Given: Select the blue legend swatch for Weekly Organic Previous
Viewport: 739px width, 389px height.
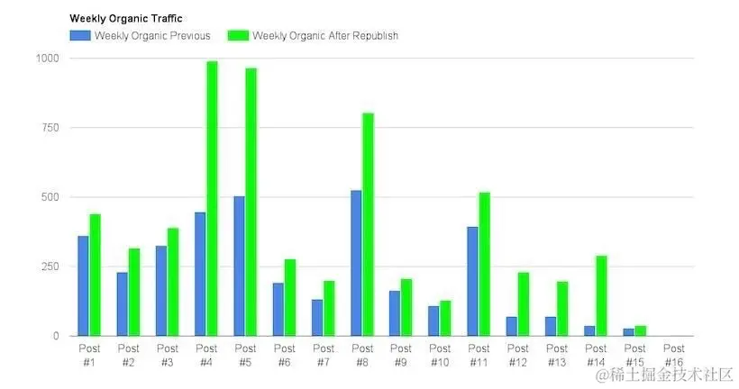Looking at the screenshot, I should pyautogui.click(x=80, y=35).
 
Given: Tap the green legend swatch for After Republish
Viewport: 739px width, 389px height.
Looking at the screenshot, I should pyautogui.click(x=238, y=35).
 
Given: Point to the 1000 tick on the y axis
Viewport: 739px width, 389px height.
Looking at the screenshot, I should pyautogui.click(x=47, y=59).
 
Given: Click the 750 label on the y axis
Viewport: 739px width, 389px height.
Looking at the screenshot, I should pyautogui.click(x=50, y=128).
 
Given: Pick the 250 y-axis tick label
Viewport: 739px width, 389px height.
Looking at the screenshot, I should pyautogui.click(x=50, y=267).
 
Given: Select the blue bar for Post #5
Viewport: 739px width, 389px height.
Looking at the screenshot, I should pyautogui.click(x=239, y=266).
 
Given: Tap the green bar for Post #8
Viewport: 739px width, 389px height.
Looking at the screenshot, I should pyautogui.click(x=368, y=224).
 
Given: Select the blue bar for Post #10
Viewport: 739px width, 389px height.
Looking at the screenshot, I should pyautogui.click(x=433, y=321).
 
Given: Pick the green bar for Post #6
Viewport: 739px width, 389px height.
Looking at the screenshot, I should pyautogui.click(x=289, y=297).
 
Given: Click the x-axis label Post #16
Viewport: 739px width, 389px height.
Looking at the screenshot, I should pyautogui.click(x=673, y=354).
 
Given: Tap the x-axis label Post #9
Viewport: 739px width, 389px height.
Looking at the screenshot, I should pyautogui.click(x=401, y=354).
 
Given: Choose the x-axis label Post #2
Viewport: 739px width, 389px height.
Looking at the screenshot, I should pyautogui.click(x=128, y=354).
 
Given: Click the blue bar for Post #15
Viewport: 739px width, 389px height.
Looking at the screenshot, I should pyautogui.click(x=628, y=331).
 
